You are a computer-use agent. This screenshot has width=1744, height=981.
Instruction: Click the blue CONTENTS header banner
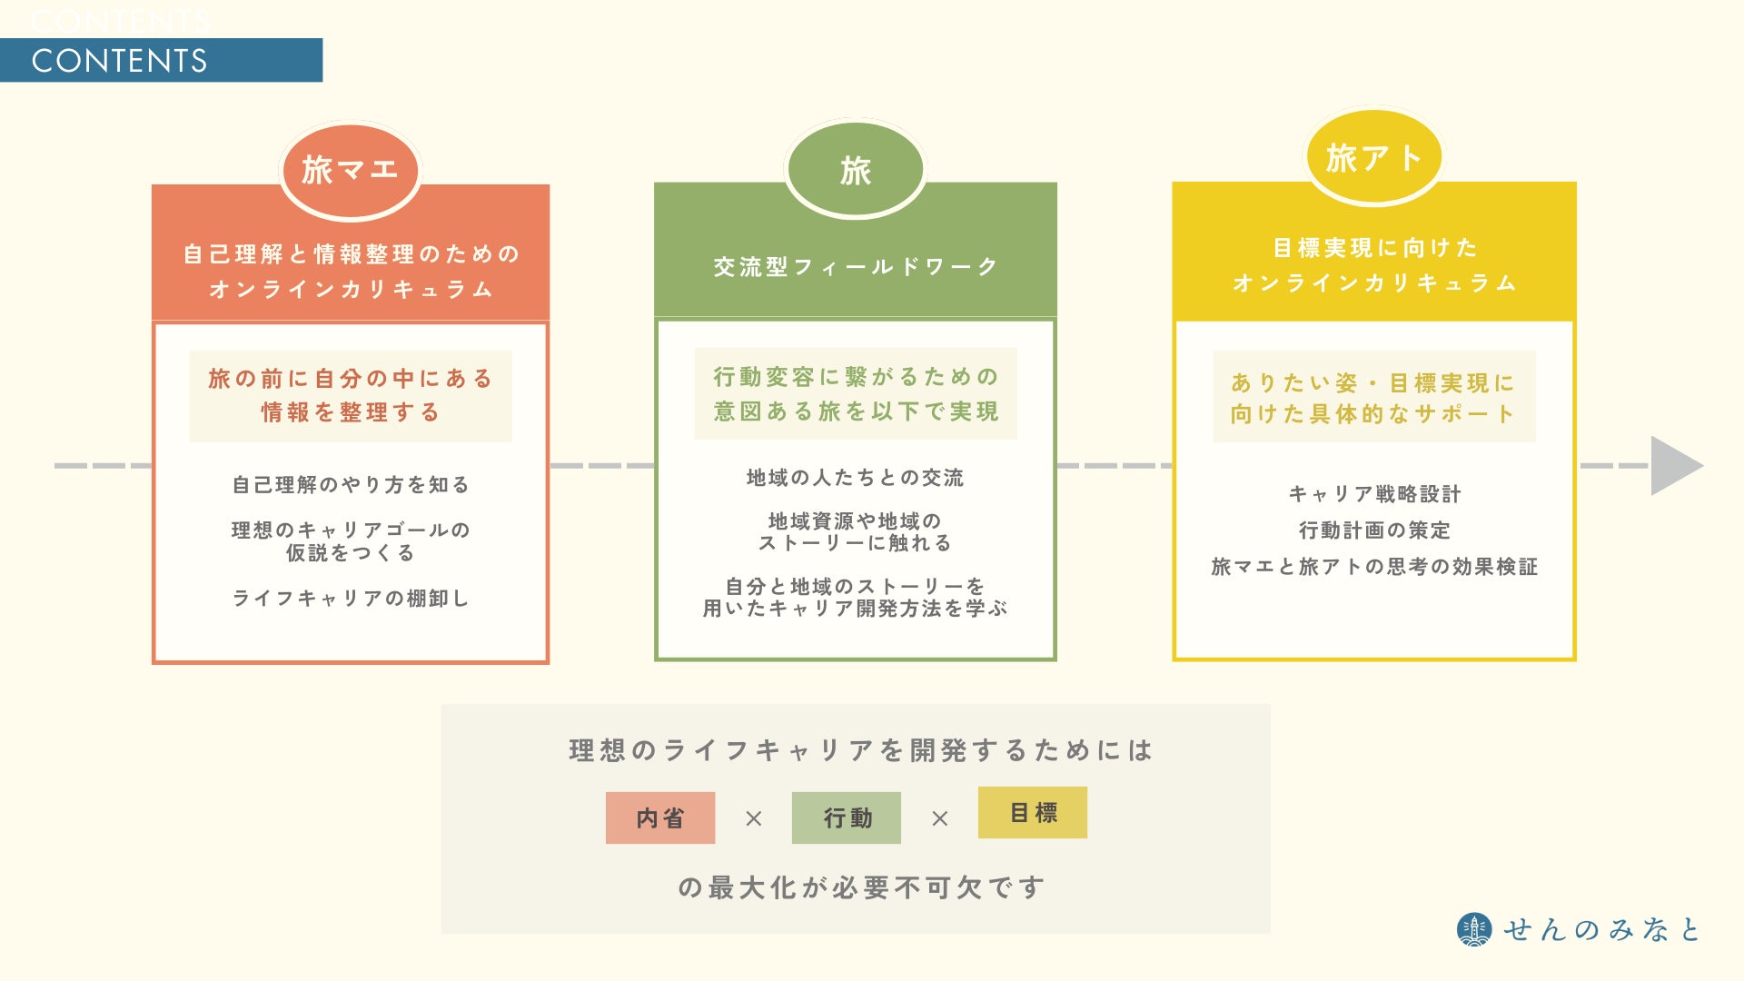tap(161, 60)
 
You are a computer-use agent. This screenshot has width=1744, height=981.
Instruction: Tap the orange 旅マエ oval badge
tap(351, 170)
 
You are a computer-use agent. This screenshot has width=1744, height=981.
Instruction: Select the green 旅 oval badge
tap(855, 170)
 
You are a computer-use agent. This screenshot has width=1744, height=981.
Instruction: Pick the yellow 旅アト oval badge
tap(1373, 158)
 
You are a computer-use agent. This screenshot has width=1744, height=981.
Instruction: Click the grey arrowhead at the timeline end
tap(1674, 466)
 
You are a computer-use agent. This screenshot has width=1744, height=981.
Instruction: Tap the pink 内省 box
tap(660, 817)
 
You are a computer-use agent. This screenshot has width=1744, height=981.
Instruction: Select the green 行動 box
tap(847, 817)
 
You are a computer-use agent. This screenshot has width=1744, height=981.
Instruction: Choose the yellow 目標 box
tap(1033, 812)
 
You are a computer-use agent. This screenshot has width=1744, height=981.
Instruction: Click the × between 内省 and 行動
tap(753, 818)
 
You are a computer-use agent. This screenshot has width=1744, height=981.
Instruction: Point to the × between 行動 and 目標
tap(939, 818)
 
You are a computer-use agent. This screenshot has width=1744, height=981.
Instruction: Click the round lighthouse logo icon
tap(1473, 929)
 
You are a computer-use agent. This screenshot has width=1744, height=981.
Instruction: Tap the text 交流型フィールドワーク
tap(855, 267)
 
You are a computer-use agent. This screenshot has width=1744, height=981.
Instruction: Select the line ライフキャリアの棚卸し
tap(351, 599)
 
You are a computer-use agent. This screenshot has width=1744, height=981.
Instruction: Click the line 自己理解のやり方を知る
tap(351, 485)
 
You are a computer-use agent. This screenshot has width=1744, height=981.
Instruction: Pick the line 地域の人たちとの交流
tap(855, 478)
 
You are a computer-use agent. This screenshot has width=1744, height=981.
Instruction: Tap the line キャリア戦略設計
tap(1374, 494)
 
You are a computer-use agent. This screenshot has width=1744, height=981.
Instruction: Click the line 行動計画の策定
tap(1374, 530)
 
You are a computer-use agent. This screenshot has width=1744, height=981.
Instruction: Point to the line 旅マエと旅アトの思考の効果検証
tap(1374, 567)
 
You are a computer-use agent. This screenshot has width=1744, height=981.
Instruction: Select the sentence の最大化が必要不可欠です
tap(861, 887)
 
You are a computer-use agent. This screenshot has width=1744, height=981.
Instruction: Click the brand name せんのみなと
tap(1600, 929)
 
